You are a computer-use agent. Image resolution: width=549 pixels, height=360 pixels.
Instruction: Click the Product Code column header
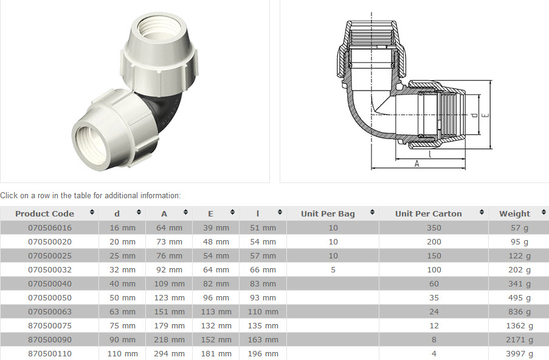click(x=44, y=213)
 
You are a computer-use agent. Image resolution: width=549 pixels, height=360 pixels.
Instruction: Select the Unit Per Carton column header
click(x=428, y=213)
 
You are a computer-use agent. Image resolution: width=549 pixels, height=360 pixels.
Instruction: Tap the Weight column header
click(x=514, y=213)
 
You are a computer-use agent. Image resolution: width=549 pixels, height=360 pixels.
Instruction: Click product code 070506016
click(x=50, y=228)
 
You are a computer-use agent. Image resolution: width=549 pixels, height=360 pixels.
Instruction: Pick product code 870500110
click(x=50, y=353)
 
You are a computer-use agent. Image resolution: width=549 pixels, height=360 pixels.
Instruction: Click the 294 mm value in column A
click(x=169, y=353)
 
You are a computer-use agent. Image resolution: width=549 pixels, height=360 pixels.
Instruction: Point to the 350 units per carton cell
click(x=434, y=228)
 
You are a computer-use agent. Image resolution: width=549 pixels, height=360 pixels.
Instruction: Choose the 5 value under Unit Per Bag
click(x=333, y=269)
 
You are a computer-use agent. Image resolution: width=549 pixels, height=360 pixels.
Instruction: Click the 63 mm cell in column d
click(x=122, y=311)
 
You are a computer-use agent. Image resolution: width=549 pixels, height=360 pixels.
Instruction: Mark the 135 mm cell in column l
click(x=263, y=325)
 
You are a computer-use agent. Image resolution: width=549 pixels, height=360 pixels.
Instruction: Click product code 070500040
click(x=50, y=283)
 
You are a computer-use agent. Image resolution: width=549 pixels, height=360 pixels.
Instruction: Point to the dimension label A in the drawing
click(x=417, y=164)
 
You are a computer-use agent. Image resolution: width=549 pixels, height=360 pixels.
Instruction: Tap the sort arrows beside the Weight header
click(x=544, y=213)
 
